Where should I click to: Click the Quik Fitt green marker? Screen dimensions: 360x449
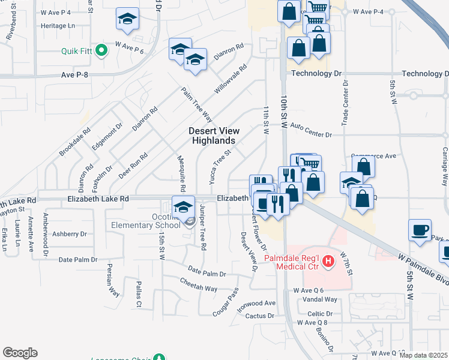(x=101, y=50)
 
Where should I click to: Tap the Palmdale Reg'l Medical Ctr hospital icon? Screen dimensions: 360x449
(x=328, y=261)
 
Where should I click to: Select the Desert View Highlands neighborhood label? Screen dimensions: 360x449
(x=214, y=136)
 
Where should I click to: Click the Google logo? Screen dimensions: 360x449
(x=20, y=353)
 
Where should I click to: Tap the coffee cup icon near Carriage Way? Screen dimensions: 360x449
(x=420, y=230)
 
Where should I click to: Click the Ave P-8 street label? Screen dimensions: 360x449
(x=74, y=74)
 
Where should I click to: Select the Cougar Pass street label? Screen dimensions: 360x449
(x=226, y=302)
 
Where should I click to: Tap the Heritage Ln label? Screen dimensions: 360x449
(x=58, y=26)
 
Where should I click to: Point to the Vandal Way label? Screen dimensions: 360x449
(x=320, y=299)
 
